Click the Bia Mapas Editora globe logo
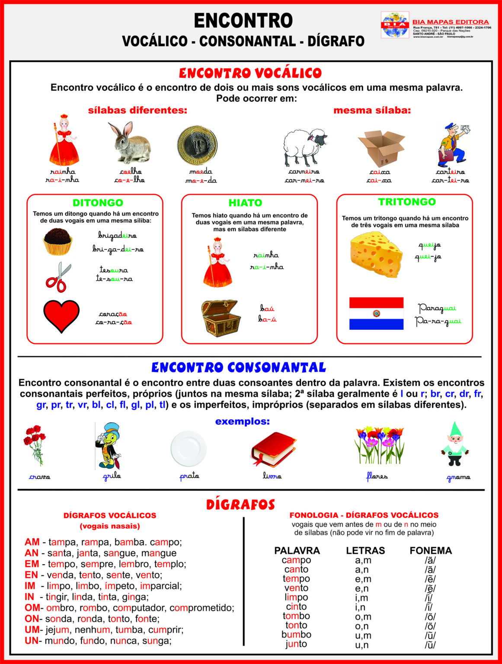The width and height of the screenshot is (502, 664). coord(394,25)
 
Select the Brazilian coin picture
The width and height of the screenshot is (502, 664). coord(197,145)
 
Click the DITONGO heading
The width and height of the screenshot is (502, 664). coord(98,203)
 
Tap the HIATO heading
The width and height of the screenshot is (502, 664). coord(245,203)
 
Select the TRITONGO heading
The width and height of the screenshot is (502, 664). coord(407,202)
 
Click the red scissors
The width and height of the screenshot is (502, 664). coord(59,277)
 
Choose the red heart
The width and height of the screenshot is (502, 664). coord(61,316)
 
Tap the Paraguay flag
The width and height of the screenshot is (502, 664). coord(376,313)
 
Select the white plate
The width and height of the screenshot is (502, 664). coord(188,448)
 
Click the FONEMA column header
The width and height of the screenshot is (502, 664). coord(431,550)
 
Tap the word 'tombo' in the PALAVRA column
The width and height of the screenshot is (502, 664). coord(296,616)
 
